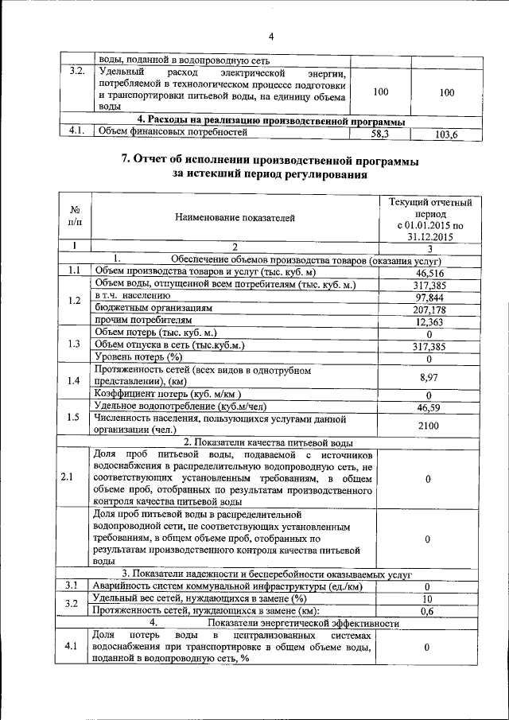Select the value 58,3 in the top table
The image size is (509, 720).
pyautogui.click(x=380, y=134)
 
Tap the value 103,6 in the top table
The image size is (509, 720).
pyautogui.click(x=447, y=134)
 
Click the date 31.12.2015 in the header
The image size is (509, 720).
pyautogui.click(x=429, y=236)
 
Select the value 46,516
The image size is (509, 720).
pyautogui.click(x=429, y=272)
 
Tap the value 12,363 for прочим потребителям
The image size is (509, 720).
pyautogui.click(x=429, y=321)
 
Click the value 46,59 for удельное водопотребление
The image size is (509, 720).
pyautogui.click(x=429, y=407)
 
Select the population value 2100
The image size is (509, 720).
pyautogui.click(x=429, y=426)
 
